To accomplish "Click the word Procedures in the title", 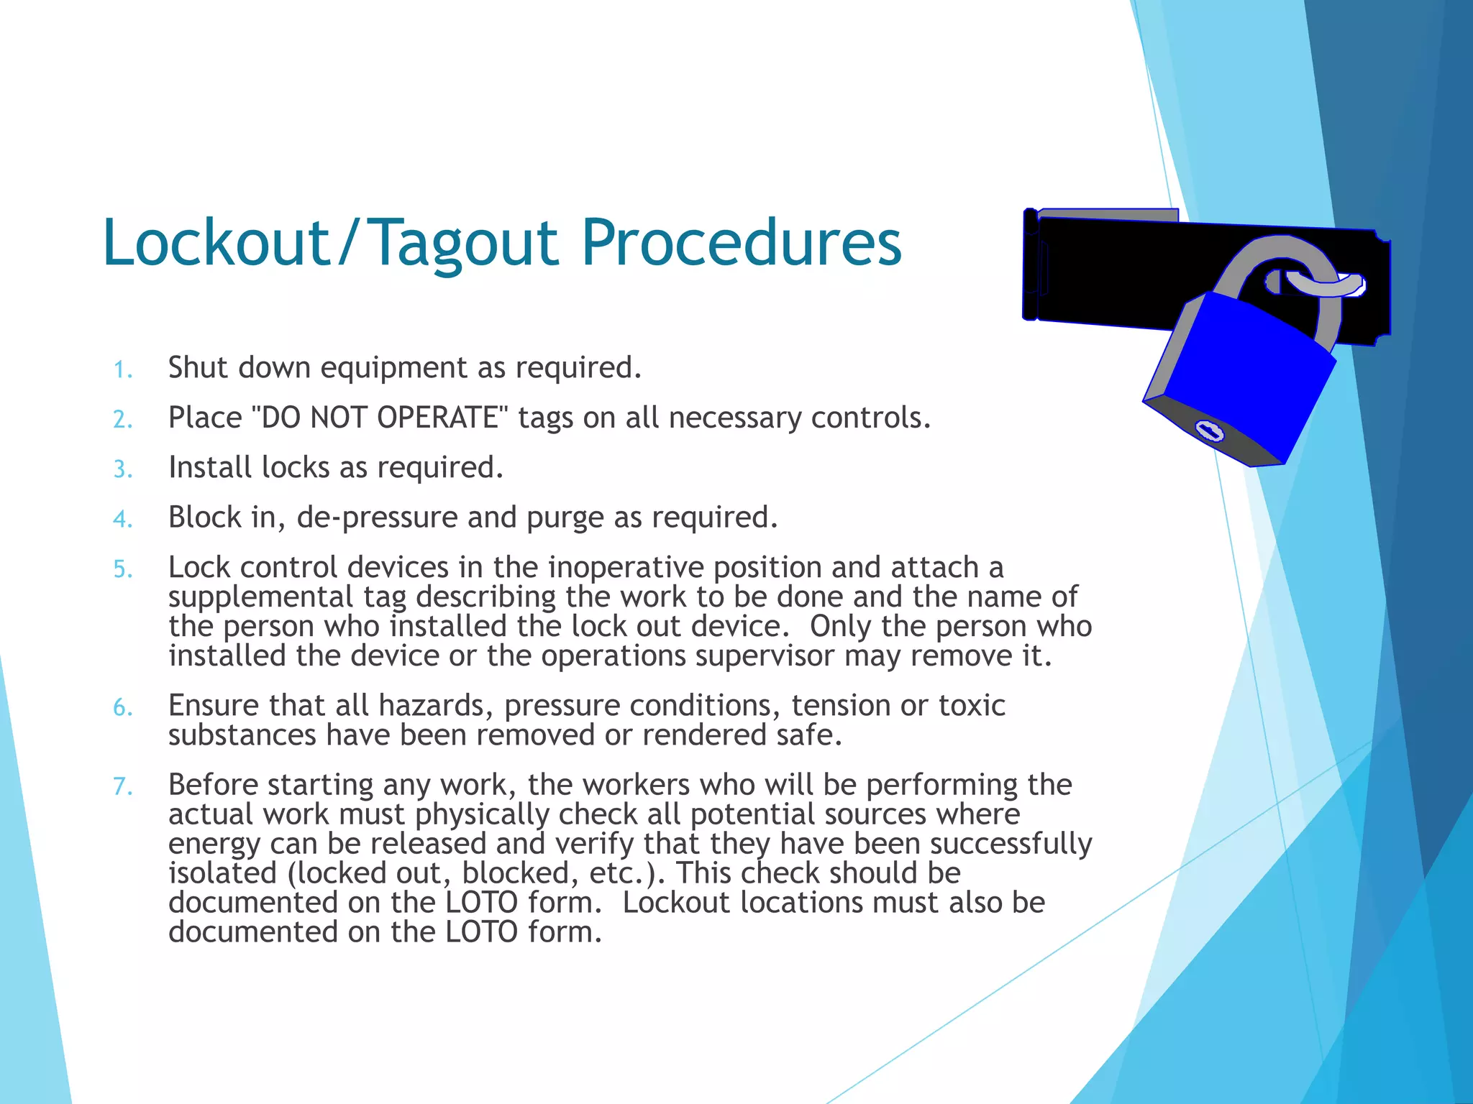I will tap(741, 243).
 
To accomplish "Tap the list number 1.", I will tap(123, 370).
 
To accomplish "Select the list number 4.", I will tap(123, 519).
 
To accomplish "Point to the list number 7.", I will tap(123, 787).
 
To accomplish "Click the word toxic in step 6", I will tap(972, 706).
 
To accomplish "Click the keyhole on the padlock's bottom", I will tap(1209, 431).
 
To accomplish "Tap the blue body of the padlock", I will tap(1244, 374).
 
